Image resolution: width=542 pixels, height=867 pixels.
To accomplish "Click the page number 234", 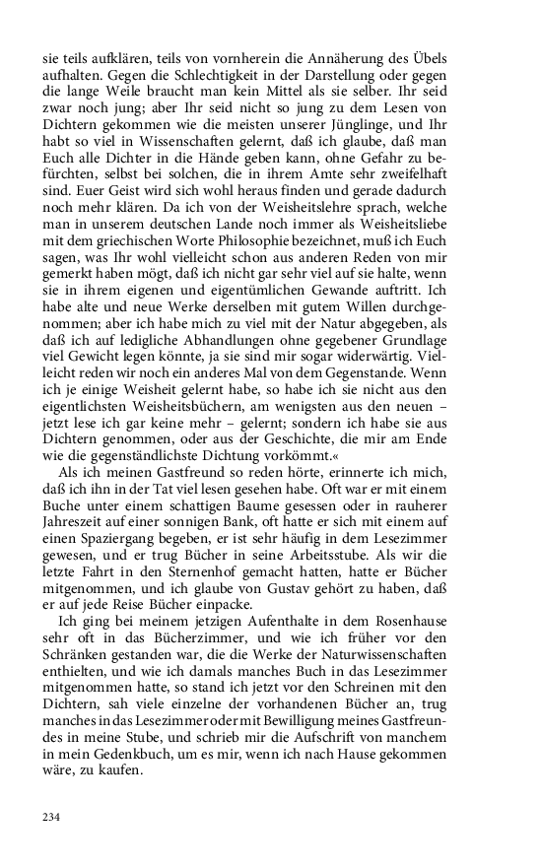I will pyautogui.click(x=51, y=817).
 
